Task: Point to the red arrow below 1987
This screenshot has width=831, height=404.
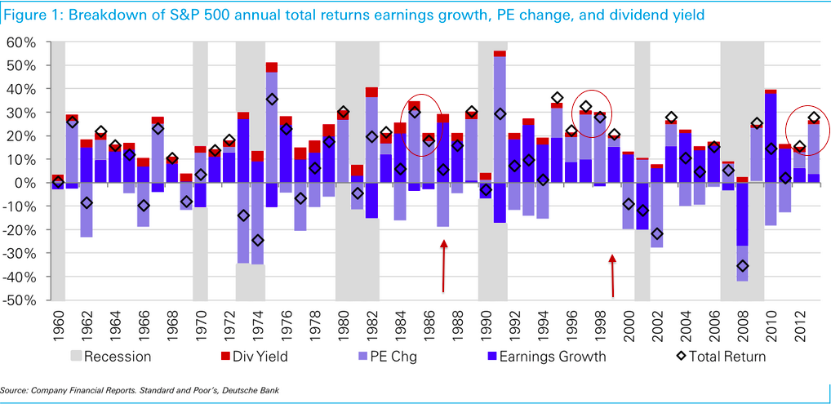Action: [x=443, y=266]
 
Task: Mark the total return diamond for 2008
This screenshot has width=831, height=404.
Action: [x=742, y=266]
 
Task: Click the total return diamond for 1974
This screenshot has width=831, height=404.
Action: [x=257, y=240]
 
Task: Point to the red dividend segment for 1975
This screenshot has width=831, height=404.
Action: [x=272, y=67]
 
